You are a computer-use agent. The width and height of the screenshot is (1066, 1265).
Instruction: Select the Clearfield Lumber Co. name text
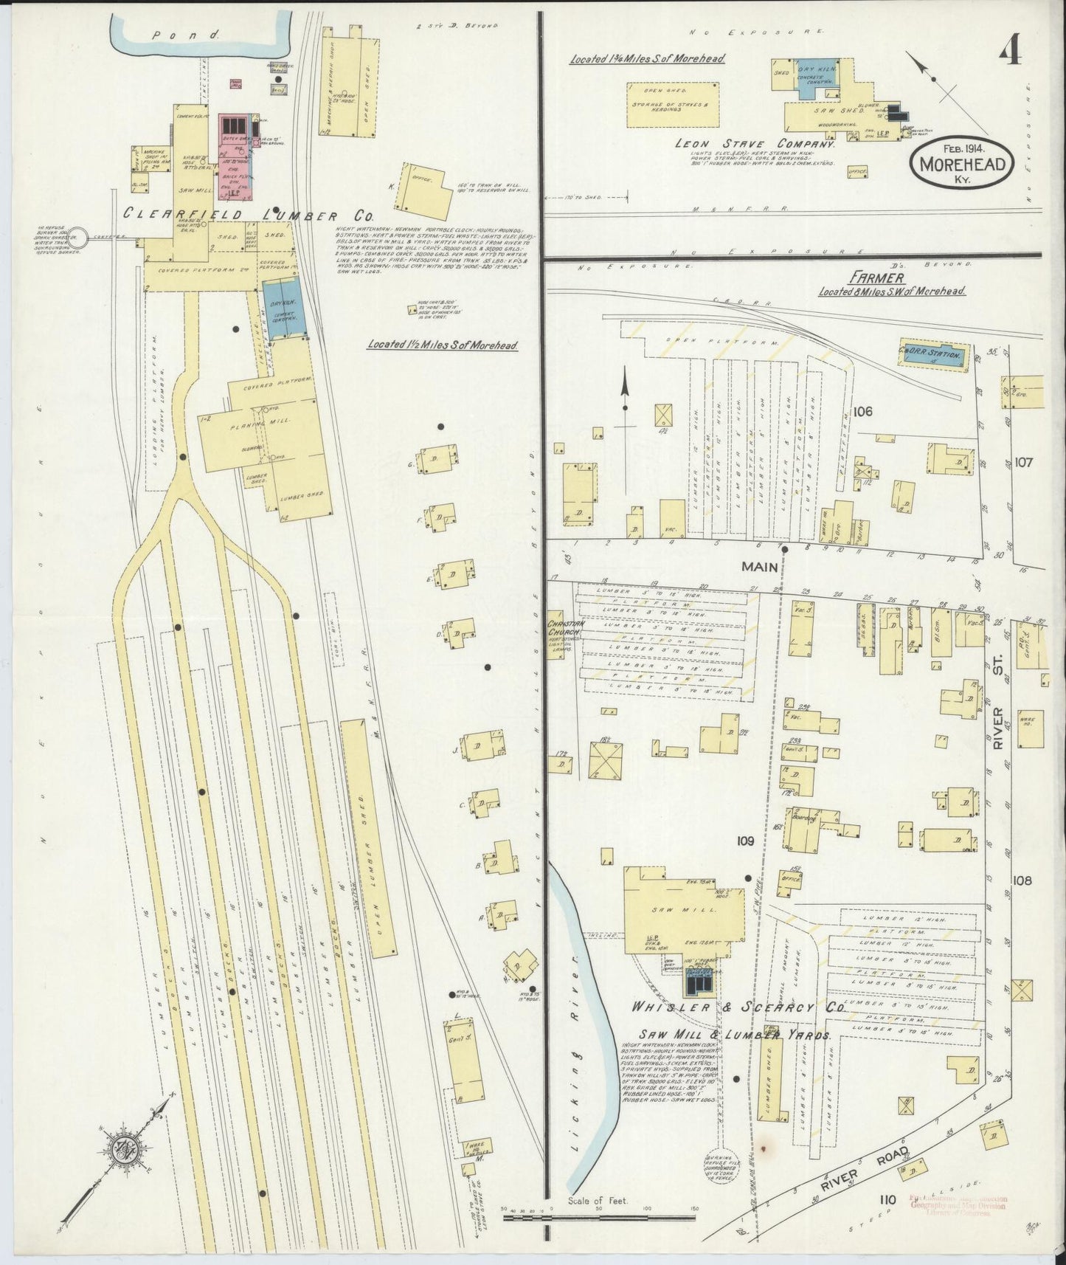249,214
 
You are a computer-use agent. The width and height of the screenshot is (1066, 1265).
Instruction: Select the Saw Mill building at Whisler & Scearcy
683,911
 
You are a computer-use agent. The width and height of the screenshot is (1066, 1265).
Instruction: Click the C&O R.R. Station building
932,355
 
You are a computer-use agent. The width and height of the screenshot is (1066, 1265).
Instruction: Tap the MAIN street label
759,566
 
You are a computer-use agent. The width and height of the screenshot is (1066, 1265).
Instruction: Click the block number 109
745,841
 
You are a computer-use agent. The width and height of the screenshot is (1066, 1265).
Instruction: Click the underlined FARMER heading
886,278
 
